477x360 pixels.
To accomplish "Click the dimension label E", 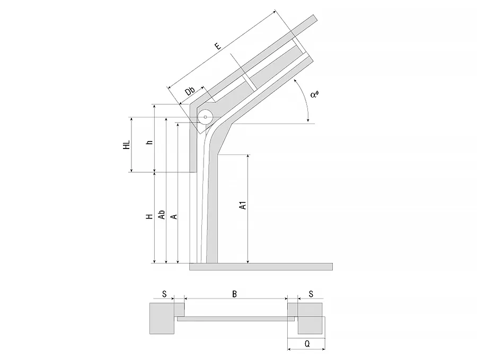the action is tap(218, 46).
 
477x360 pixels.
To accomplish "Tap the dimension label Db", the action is tap(190, 91).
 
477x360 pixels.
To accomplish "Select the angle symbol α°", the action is tap(314, 94).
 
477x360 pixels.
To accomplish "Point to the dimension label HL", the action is tap(126, 145).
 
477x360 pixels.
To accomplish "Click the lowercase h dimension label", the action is tap(149, 142).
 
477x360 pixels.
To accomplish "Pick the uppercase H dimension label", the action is tap(149, 216).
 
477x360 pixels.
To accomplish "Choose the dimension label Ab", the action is tap(162, 214).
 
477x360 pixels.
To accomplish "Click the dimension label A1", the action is tap(243, 205).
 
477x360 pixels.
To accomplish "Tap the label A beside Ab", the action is tap(174, 216).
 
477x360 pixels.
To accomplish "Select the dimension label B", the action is tap(235, 294).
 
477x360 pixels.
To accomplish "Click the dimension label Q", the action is tap(307, 344).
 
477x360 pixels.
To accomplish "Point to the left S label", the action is tap(164, 294).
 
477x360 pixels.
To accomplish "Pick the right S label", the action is tap(311, 294).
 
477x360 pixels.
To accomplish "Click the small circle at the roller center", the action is tap(205, 117).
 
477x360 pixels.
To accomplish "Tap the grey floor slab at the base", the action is tap(261, 267).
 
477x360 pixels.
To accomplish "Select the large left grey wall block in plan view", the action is tap(162, 318).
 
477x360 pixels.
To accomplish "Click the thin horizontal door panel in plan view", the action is tap(236, 319).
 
